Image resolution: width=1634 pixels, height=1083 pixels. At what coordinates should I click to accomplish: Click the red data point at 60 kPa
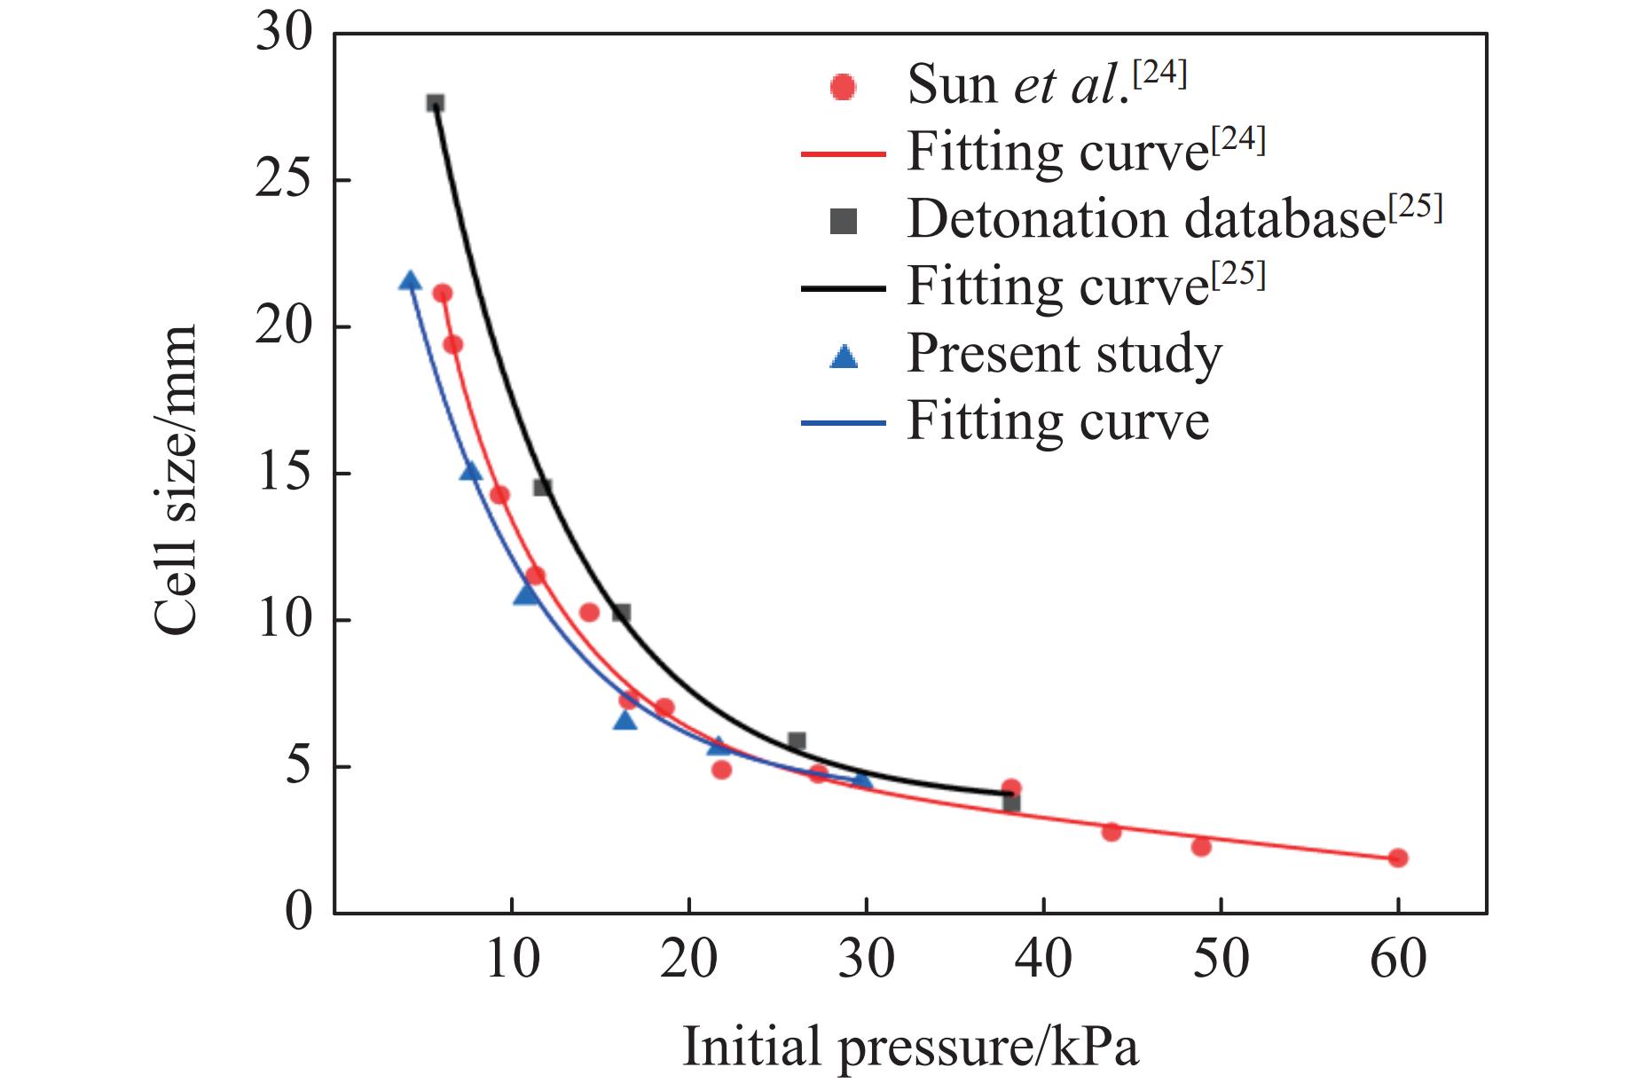1398,858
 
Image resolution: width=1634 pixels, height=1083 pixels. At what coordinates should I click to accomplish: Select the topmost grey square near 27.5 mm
436,103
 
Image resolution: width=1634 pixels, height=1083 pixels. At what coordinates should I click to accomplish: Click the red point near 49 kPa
1201,847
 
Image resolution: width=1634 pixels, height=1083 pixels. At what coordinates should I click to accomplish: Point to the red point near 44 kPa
1112,832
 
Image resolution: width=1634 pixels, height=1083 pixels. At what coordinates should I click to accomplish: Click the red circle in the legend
843,87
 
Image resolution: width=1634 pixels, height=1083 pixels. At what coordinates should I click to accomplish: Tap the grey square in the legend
843,221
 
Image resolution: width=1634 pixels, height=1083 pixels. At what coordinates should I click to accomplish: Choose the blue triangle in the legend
843,357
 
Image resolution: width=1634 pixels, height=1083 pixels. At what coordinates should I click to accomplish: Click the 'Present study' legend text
1064,354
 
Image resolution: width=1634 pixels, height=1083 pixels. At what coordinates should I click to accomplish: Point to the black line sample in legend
843,288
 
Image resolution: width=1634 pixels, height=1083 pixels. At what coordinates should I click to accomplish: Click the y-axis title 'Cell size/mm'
176,479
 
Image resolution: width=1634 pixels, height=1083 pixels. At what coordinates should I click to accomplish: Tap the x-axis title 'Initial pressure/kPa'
910,1048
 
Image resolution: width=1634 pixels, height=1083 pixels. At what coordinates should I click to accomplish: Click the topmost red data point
443,294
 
